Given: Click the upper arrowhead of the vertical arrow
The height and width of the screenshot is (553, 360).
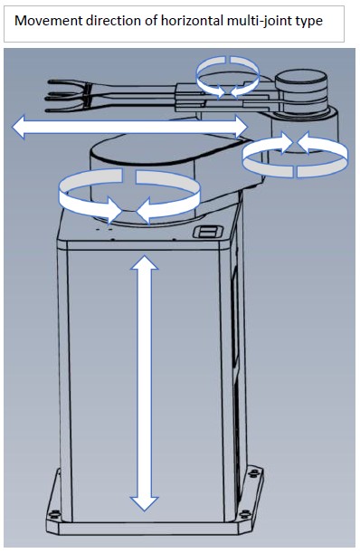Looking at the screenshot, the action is (x=144, y=262).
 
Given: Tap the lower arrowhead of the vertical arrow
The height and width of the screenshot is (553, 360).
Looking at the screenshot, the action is (x=144, y=503).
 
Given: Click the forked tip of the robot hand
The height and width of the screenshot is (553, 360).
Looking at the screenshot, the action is (x=67, y=96).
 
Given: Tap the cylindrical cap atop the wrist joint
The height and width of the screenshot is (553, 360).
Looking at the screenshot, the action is (x=300, y=81).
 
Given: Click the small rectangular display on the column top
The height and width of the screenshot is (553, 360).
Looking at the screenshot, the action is (x=207, y=232).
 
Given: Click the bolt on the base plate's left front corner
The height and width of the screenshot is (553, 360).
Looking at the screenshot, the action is (x=53, y=514).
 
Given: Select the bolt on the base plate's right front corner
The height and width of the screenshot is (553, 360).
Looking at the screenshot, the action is (x=244, y=515).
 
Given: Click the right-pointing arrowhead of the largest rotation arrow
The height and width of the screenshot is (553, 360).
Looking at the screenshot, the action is (x=114, y=210).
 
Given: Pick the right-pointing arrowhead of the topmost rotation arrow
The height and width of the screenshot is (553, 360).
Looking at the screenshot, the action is (x=220, y=91).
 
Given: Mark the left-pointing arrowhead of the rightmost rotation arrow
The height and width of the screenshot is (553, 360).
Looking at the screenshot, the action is (x=304, y=142).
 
